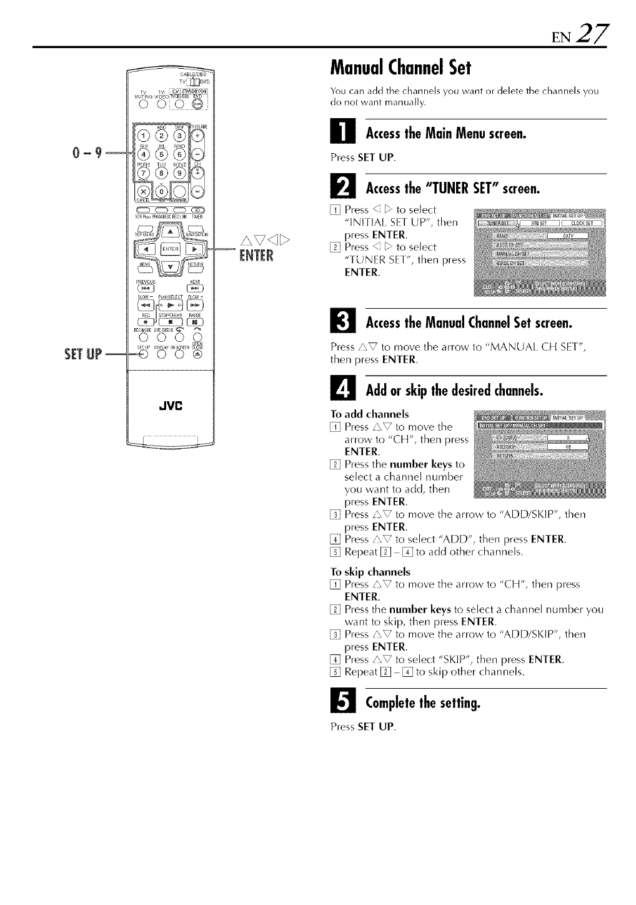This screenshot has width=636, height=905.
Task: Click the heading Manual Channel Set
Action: (x=400, y=66)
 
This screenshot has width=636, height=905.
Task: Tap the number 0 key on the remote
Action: (x=162, y=191)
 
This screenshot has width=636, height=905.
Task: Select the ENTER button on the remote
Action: (x=169, y=249)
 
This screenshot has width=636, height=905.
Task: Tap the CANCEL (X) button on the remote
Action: (x=144, y=191)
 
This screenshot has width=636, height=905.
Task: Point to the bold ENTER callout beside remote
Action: (x=256, y=256)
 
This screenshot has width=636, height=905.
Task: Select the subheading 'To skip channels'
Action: (x=370, y=572)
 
